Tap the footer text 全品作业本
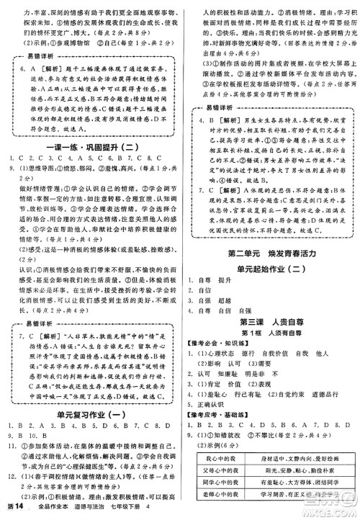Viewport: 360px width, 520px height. coord(60,509)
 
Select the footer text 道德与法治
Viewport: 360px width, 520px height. coord(105,509)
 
